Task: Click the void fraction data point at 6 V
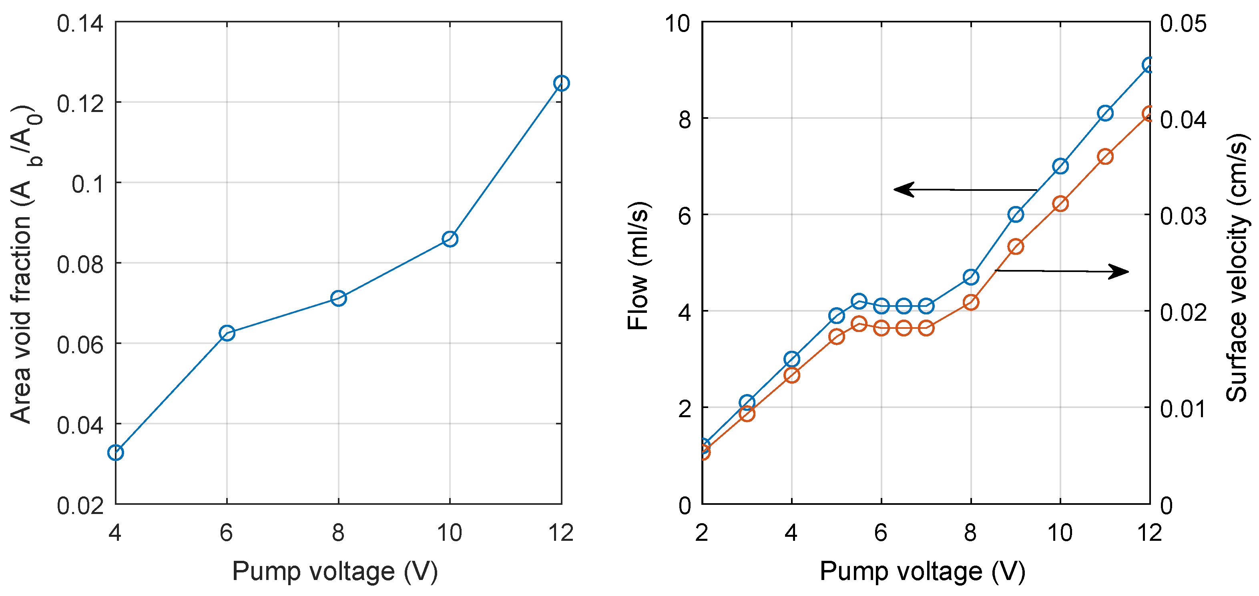tap(227, 334)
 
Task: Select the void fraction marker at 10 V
tap(450, 239)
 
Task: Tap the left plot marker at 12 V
tap(561, 84)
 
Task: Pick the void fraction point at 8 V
tap(338, 298)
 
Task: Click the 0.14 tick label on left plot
tap(80, 24)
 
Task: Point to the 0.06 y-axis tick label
tap(80, 345)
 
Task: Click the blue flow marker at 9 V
tap(1016, 214)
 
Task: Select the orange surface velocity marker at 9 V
tap(1016, 247)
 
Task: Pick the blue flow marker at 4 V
tap(791, 360)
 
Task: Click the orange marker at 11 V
tap(1105, 157)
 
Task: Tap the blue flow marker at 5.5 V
tap(859, 301)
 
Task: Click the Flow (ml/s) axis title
tap(638, 266)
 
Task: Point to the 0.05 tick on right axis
tap(1183, 24)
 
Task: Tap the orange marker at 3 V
tap(747, 414)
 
